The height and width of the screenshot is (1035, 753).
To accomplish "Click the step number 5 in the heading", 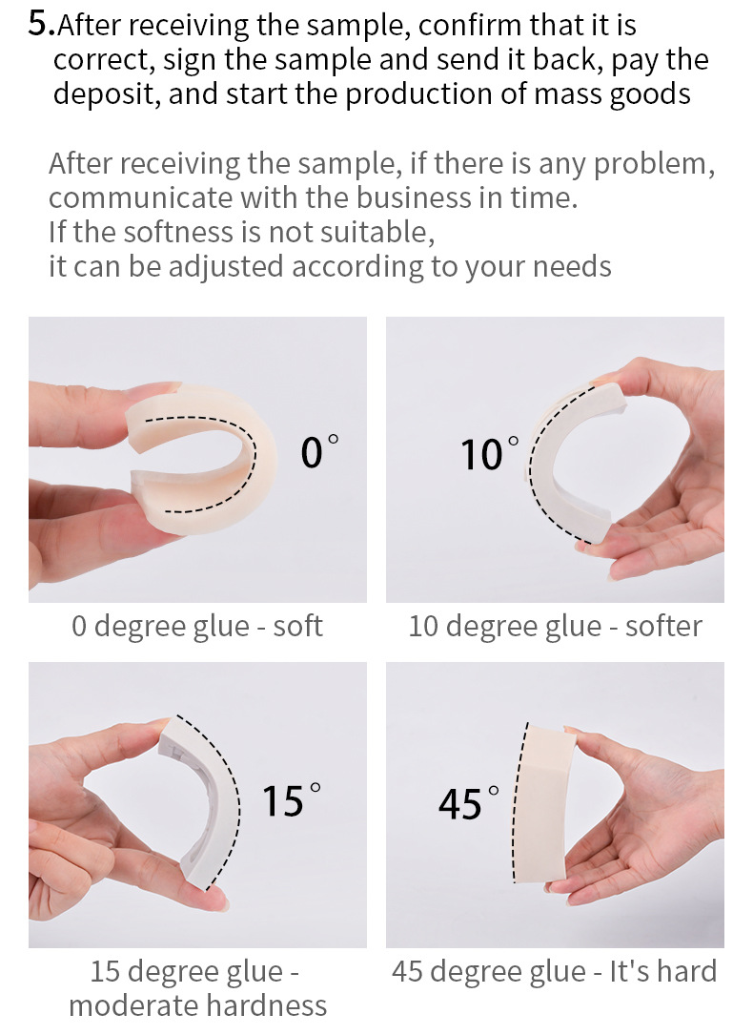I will pos(39,24).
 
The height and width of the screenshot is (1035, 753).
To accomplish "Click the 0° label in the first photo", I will pos(318,451).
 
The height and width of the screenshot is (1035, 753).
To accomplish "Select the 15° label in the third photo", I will pos(291,800).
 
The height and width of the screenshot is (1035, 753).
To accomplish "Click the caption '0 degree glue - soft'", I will pos(197,627).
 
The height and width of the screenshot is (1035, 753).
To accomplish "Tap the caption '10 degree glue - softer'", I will pos(555,627).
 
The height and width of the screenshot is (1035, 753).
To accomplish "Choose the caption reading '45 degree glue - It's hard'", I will pos(554,972).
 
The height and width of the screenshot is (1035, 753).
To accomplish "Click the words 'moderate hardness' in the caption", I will pos(197,1005).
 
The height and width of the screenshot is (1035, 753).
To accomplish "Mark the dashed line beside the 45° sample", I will pos(518,806).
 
